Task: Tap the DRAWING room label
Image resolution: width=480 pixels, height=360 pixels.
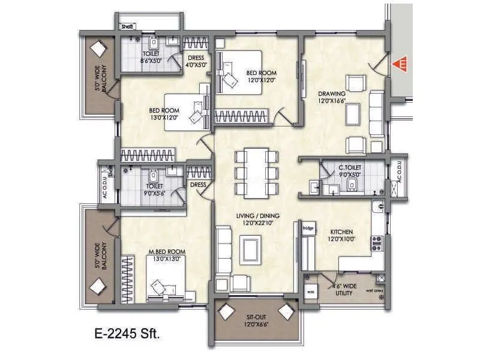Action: (x=331, y=94)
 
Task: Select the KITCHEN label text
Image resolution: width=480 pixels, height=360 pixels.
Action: (x=340, y=232)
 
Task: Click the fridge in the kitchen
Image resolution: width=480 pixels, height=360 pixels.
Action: (x=308, y=228)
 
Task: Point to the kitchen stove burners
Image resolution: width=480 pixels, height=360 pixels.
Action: (x=377, y=243)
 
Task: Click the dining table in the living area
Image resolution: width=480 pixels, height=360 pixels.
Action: (x=257, y=173)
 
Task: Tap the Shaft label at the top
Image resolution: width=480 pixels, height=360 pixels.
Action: (x=127, y=27)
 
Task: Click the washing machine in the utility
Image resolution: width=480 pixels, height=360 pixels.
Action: (x=311, y=292)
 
